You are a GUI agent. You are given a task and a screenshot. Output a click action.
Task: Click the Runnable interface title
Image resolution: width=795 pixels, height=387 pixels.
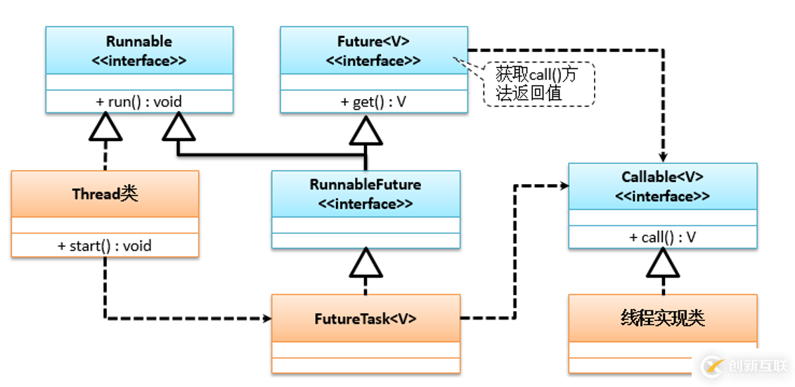tap(139, 51)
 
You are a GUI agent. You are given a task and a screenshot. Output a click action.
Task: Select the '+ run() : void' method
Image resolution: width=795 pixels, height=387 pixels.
tap(139, 102)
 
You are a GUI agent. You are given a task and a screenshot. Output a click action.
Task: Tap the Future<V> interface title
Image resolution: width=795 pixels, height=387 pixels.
tap(373, 51)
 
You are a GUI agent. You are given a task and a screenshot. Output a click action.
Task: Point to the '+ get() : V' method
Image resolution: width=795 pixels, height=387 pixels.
tap(373, 102)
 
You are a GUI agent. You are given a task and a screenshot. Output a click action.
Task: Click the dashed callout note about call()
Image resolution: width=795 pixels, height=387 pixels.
tap(538, 84)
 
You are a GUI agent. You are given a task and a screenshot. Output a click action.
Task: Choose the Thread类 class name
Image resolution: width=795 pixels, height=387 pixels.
tap(105, 194)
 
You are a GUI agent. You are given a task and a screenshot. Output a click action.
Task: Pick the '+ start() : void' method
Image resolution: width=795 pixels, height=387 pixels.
tap(105, 246)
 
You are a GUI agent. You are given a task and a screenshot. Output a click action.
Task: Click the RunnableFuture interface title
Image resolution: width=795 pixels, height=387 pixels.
tap(366, 194)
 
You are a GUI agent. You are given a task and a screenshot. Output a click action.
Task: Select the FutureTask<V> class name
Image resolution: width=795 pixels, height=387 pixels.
tap(366, 318)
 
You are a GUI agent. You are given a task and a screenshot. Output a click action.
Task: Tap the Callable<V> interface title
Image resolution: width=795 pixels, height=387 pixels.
tap(662, 187)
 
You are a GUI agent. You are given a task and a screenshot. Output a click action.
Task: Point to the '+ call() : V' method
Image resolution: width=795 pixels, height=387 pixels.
tap(662, 237)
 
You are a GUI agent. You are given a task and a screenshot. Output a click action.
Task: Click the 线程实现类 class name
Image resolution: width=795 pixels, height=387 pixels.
tap(662, 318)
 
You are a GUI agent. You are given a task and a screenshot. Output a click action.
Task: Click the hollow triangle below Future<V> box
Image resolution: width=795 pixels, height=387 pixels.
tap(366, 130)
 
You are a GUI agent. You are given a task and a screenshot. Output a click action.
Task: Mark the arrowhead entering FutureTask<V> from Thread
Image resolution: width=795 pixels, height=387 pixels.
tap(267, 318)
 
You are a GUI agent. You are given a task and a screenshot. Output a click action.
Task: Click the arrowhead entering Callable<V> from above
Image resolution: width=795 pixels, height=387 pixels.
tap(662, 159)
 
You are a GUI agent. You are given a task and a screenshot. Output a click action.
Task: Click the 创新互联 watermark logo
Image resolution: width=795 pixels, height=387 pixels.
tap(745, 366)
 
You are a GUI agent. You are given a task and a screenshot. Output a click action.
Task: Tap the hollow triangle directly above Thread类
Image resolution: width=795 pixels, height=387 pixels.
tap(105, 130)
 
